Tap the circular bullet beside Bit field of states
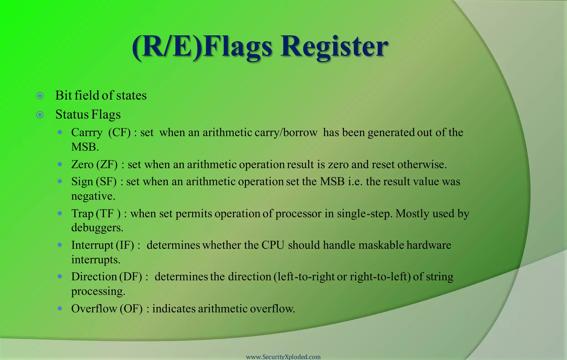click(40, 96)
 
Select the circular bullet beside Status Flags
click(40, 115)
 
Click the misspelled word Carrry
click(87, 133)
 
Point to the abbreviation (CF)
click(119, 133)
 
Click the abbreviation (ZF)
click(107, 165)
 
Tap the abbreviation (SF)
click(106, 182)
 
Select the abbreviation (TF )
click(108, 214)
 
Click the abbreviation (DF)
click(131, 277)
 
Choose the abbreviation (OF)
click(131, 309)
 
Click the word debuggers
click(97, 228)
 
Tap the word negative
click(93, 196)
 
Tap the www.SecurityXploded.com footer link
click(283, 357)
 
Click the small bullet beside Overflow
click(60, 308)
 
